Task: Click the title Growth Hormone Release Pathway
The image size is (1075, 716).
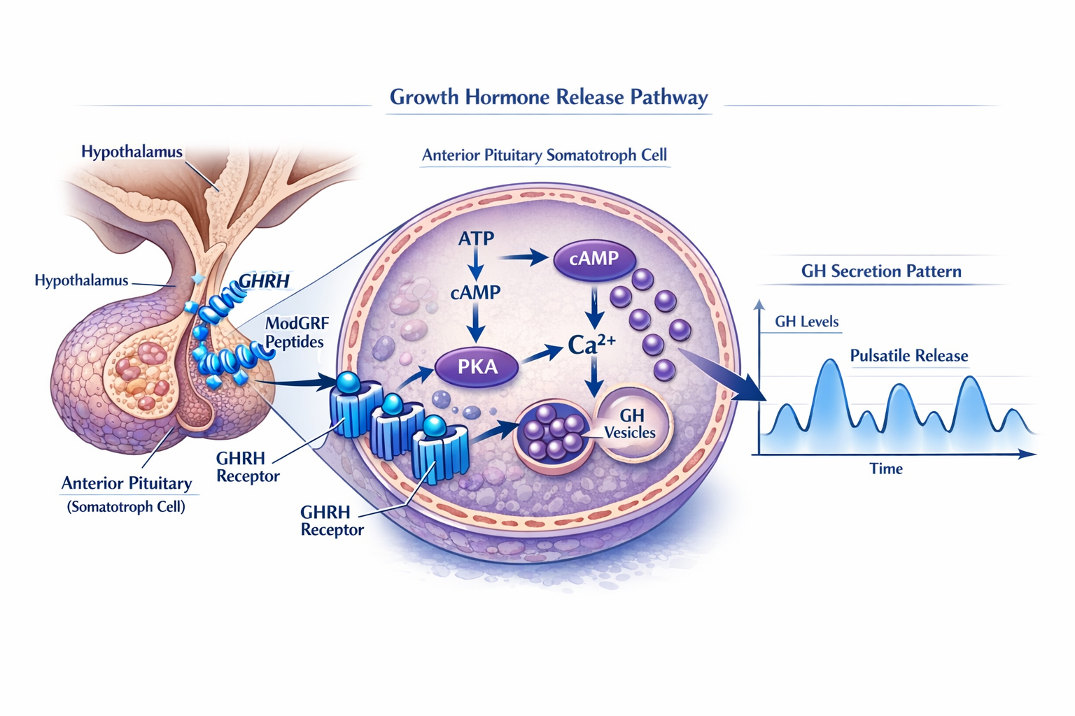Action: coord(548,97)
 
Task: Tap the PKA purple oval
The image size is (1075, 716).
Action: coord(477,366)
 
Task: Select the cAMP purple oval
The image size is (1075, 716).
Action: coord(594,259)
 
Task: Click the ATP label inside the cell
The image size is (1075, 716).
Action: coord(476,238)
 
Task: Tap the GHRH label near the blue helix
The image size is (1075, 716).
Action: coord(264,281)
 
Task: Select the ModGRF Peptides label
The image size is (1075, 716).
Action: coord(296,333)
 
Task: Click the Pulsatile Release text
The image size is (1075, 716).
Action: coord(908,356)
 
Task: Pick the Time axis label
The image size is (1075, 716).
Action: coord(885,469)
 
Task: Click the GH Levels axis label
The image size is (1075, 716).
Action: coord(806,322)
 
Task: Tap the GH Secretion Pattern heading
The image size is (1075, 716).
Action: coord(880,271)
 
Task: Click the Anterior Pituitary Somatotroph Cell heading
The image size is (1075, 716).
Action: coord(544,155)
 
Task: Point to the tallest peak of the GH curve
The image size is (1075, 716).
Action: coord(830,362)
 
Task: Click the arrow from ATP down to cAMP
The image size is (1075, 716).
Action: coord(476,267)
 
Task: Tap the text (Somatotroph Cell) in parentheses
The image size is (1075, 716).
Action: coord(126,507)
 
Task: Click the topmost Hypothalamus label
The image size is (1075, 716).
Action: coord(132,152)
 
